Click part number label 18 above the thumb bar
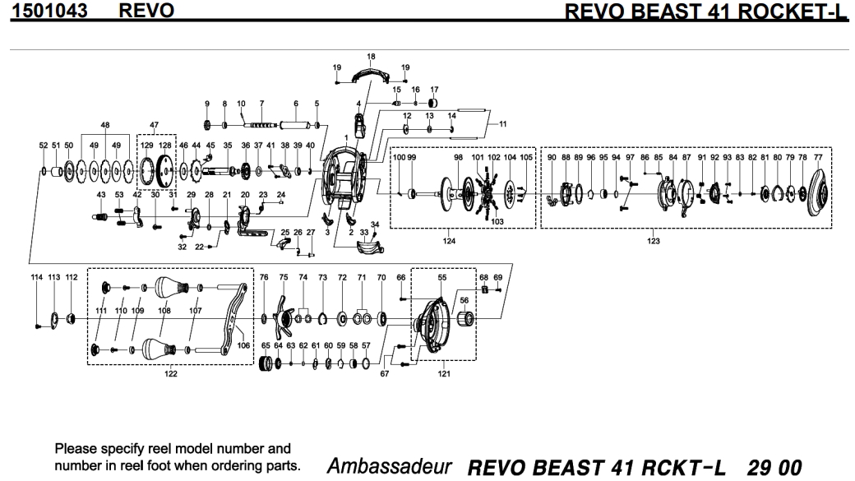click(371, 57)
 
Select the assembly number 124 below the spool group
click(450, 241)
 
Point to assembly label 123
click(654, 241)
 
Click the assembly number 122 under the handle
click(171, 374)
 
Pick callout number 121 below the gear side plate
click(444, 374)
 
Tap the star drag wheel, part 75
click(284, 317)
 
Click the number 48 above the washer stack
click(105, 125)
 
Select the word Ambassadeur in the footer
click(390, 467)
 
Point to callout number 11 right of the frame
click(503, 123)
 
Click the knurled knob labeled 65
click(266, 362)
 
